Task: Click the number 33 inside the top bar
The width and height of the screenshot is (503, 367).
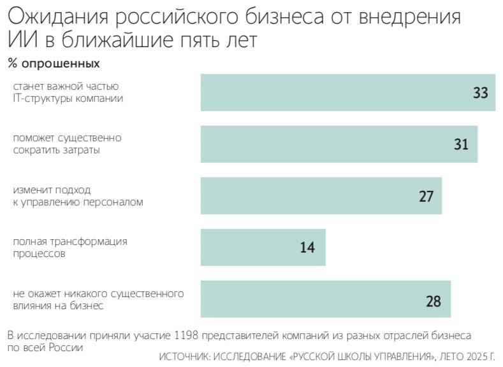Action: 480,93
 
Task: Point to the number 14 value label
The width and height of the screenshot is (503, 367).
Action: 307,247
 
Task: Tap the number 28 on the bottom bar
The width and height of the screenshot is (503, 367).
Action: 433,301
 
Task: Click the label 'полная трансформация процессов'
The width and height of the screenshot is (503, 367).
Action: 70,247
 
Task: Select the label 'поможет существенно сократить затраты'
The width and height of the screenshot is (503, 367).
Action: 67,144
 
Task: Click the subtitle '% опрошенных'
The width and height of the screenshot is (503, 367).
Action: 54,64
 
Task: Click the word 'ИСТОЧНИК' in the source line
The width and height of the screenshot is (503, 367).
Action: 186,357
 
